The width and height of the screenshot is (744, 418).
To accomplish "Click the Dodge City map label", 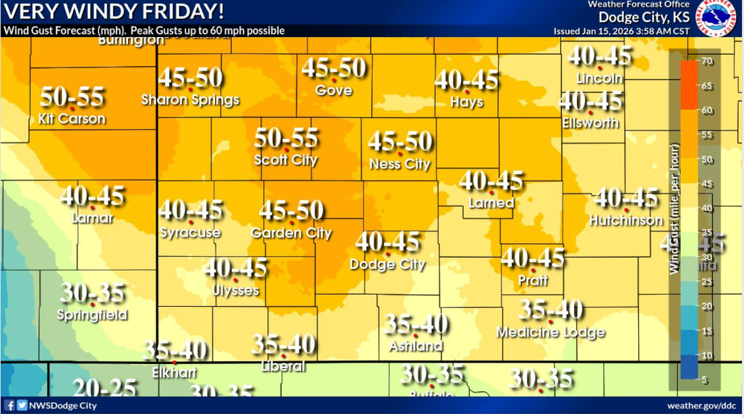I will click(x=387, y=265).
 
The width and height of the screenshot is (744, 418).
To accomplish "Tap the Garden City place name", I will click(x=291, y=233).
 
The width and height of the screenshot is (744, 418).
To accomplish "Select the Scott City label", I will click(x=286, y=160).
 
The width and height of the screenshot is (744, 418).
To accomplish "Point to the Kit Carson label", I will click(x=72, y=119).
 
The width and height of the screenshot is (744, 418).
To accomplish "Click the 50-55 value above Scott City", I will click(x=286, y=138).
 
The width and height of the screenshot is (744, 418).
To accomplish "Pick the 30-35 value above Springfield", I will click(x=92, y=293).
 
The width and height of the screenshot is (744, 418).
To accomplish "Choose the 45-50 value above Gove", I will click(x=334, y=68).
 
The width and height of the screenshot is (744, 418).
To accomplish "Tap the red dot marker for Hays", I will click(x=467, y=92).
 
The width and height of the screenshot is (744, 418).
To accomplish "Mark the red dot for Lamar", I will click(x=92, y=208).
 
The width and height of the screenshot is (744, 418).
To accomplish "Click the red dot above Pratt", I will click(x=532, y=269).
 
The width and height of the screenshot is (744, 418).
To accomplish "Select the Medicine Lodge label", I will click(x=550, y=332).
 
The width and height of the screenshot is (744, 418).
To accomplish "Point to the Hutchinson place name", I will click(x=626, y=220).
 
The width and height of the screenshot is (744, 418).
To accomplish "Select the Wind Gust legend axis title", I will click(x=674, y=209).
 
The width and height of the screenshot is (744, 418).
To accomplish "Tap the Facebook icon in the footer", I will click(x=9, y=406).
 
